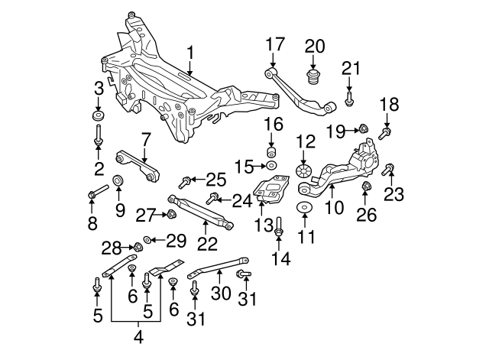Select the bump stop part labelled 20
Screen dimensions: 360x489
[x=313, y=78]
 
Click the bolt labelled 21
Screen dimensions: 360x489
[x=350, y=99]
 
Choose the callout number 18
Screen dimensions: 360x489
[x=390, y=103]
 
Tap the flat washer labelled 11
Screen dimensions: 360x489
[x=305, y=209]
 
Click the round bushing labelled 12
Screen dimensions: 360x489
[x=304, y=170]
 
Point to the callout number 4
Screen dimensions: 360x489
[x=137, y=335]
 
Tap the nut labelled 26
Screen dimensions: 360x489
[x=366, y=187]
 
